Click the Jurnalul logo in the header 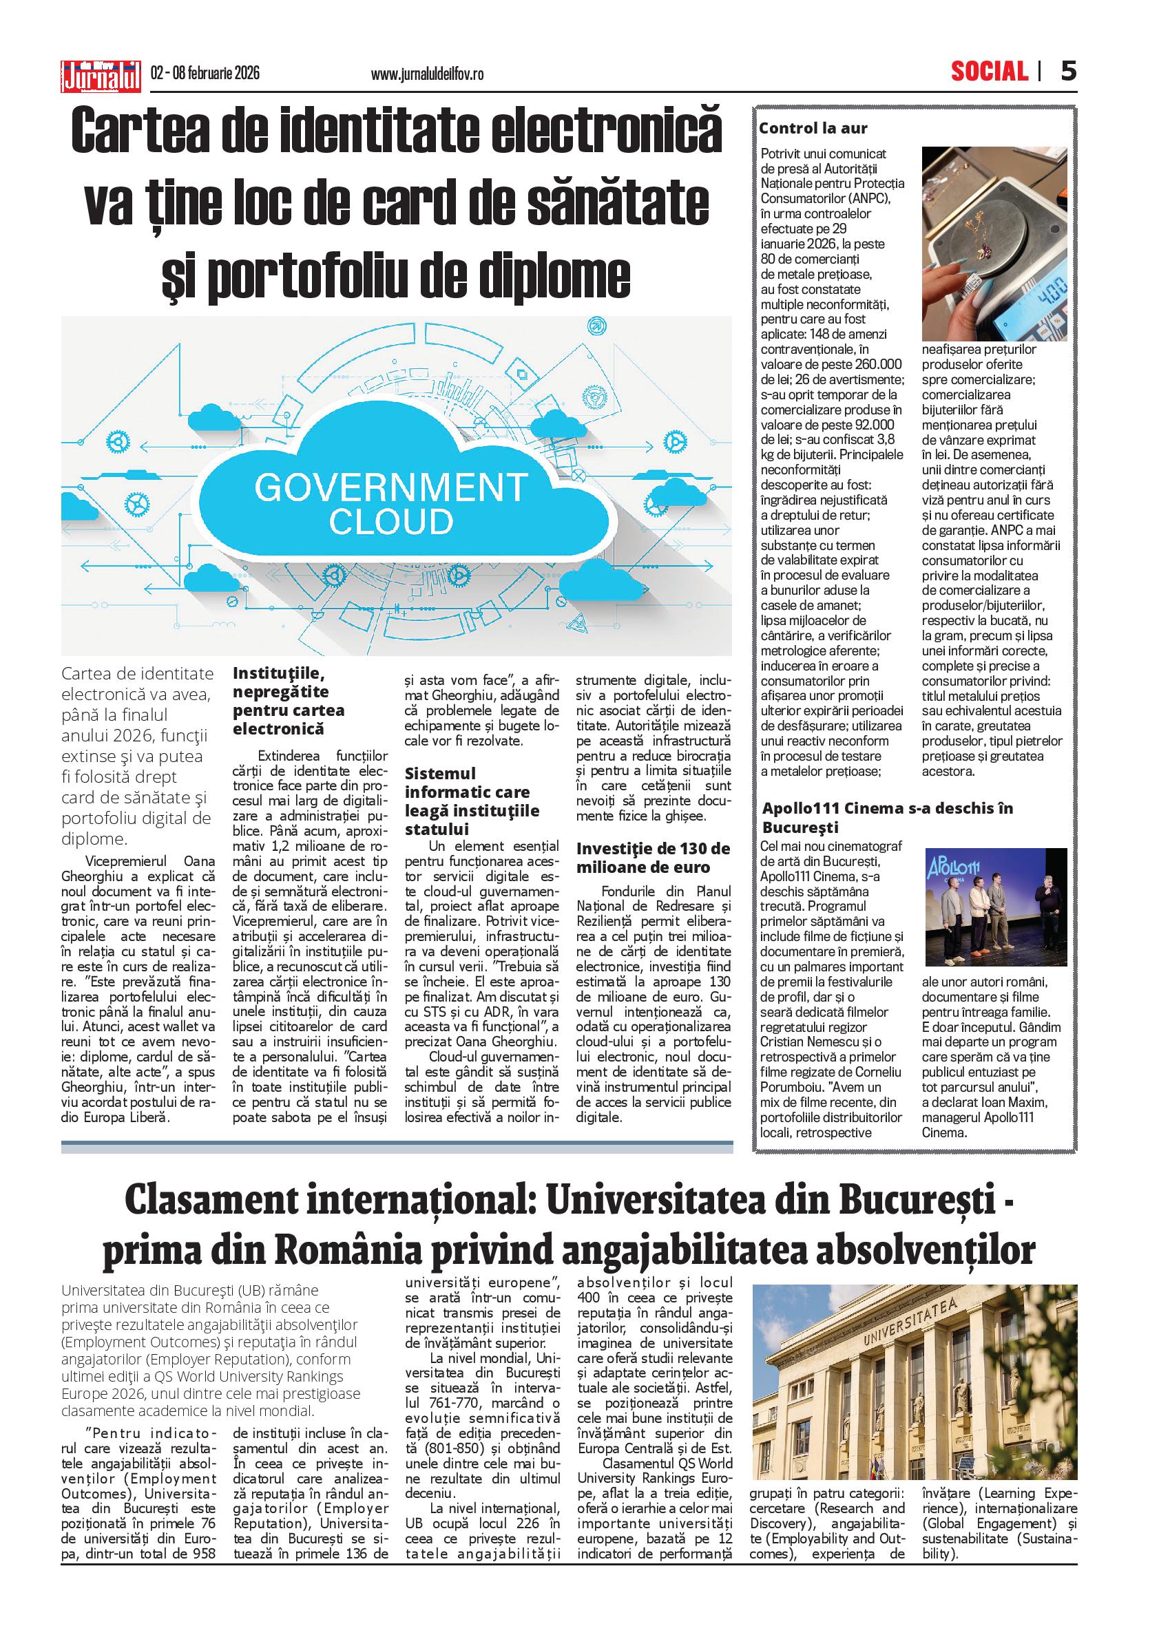(101, 74)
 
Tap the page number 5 (1067, 72)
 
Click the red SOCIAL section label (989, 72)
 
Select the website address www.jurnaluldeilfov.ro (428, 74)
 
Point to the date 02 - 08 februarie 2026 (205, 74)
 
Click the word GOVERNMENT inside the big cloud (390, 488)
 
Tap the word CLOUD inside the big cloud (390, 522)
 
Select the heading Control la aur (813, 129)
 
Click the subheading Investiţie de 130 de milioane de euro (653, 858)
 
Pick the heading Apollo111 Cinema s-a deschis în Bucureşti (887, 818)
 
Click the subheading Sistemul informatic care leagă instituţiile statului (472, 801)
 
